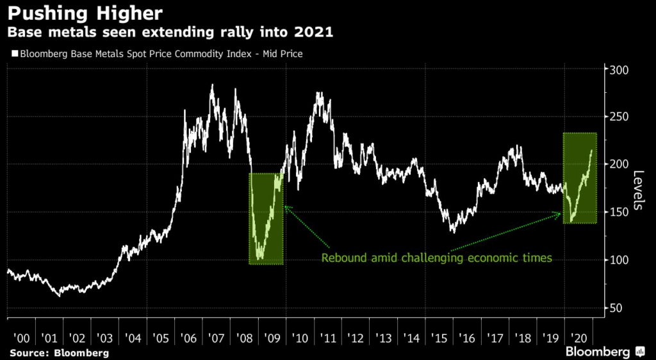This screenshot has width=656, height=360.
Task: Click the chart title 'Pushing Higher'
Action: click(x=83, y=12)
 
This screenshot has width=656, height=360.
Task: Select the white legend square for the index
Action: click(x=13, y=54)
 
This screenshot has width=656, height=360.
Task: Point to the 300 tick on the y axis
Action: click(x=615, y=69)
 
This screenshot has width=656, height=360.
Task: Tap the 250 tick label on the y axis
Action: click(x=615, y=117)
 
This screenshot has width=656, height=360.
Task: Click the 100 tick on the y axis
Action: click(x=615, y=260)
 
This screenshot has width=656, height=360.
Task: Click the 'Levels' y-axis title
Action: click(x=639, y=190)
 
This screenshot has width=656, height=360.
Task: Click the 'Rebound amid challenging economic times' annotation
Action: click(x=436, y=259)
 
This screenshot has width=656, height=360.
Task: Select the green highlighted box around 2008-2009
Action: click(x=266, y=218)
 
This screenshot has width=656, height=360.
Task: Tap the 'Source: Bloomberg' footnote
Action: click(x=59, y=352)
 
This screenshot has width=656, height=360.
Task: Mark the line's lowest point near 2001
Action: click(x=60, y=296)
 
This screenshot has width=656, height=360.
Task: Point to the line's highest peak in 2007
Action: click(x=212, y=85)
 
